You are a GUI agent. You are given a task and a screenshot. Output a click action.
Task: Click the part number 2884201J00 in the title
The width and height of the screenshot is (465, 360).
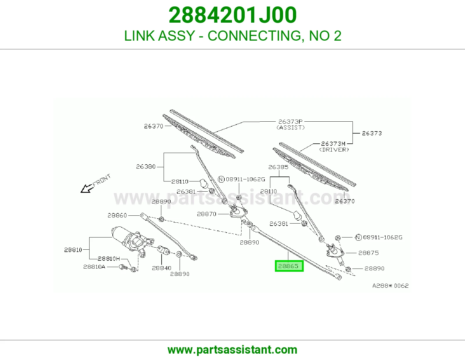(233, 15)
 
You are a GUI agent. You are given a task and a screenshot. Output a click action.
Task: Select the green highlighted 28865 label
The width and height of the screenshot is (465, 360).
(289, 266)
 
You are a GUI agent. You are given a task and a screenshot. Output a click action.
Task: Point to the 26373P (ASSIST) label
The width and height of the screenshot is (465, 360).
(290, 125)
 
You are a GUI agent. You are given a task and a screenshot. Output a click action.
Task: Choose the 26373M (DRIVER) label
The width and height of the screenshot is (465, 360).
(334, 147)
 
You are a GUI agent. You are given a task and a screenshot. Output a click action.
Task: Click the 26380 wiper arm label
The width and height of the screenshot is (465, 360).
(146, 167)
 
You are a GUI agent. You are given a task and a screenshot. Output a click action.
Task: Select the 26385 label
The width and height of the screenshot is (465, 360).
(278, 167)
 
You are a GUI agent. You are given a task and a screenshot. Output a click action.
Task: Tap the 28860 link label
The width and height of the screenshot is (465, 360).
(117, 215)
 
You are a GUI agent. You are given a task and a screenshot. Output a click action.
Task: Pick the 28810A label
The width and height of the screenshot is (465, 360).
(94, 267)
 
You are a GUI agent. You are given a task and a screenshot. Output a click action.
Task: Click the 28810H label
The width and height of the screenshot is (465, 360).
(109, 259)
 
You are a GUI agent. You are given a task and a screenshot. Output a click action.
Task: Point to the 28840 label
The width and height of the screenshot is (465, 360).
(162, 268)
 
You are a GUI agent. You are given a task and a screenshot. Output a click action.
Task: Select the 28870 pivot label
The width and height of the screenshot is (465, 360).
(207, 214)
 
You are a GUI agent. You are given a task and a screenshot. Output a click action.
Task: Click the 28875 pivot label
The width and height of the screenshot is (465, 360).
(369, 253)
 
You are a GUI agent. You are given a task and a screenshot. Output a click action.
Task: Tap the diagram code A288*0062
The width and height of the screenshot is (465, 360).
(391, 286)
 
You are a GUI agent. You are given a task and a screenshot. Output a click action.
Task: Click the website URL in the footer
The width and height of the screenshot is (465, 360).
(233, 350)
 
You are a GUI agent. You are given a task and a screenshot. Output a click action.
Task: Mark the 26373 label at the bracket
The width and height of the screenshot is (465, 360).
(372, 133)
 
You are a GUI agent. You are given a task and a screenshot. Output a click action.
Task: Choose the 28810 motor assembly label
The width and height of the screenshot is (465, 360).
(73, 250)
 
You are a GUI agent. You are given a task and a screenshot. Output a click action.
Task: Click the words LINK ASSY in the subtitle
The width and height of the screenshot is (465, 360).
(160, 36)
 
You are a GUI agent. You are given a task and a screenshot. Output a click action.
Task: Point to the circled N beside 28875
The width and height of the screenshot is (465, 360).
(358, 237)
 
